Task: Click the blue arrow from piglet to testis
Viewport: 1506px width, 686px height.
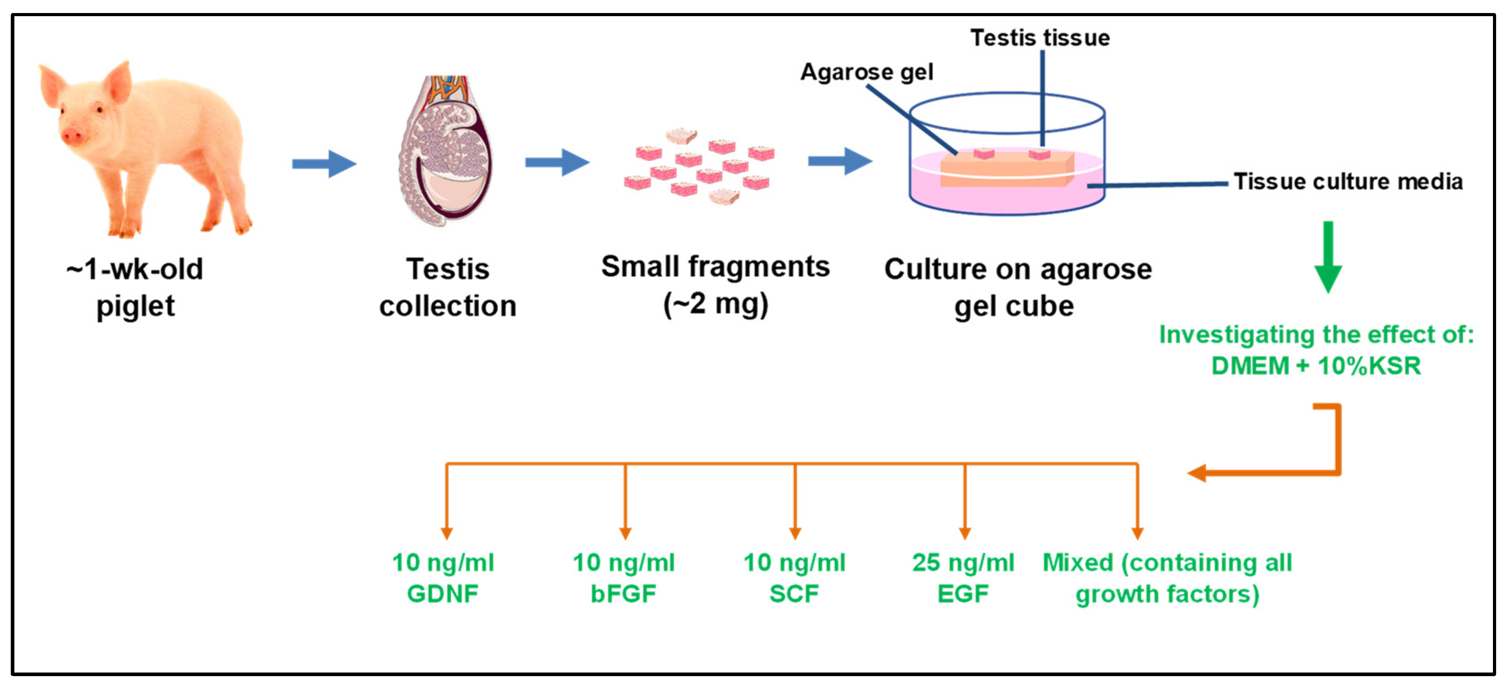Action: coord(324,163)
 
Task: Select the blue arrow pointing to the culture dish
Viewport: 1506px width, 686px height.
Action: coord(840,161)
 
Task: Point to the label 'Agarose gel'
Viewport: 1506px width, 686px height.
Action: coord(866,72)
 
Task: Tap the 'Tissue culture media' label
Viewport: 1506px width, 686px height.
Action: coord(1347,182)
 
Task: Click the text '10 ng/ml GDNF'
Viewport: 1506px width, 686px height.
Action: coord(443,578)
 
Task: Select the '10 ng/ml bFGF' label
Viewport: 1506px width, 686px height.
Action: coord(623,578)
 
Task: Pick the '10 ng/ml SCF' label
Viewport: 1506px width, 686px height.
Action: coord(794,578)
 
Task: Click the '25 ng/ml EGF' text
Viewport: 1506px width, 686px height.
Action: coord(963,578)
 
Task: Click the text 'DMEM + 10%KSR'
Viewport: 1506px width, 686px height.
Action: coord(1316,366)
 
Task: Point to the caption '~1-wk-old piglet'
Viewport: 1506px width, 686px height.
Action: coord(135,287)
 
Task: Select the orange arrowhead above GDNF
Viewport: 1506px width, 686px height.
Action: coord(447,533)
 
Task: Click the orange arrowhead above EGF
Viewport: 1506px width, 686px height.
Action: coord(965,533)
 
